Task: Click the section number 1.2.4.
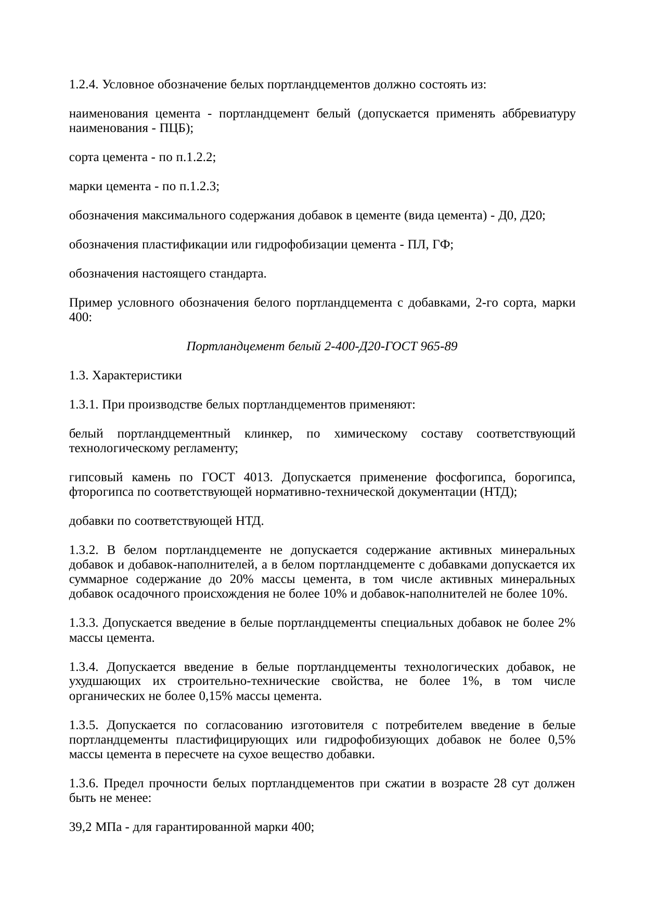84,85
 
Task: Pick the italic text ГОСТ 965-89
421,346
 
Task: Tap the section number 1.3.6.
84,783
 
